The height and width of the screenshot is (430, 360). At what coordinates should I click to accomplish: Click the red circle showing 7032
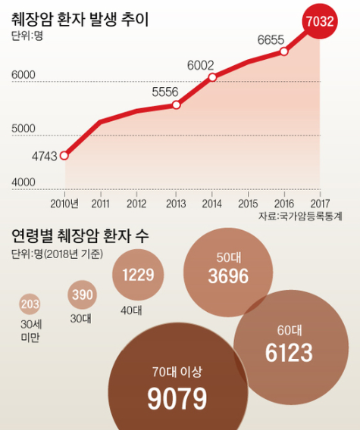pos(320,21)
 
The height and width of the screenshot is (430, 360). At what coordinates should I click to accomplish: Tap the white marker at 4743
pos(64,156)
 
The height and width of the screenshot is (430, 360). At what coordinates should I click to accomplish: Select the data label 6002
pos(200,65)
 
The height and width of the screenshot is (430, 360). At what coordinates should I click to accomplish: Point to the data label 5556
pos(165,92)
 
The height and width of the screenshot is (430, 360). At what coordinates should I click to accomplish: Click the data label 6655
pos(271,40)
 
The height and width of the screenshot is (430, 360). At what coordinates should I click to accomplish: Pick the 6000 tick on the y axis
pos(23,75)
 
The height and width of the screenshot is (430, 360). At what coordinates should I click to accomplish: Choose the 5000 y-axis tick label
pos(23,129)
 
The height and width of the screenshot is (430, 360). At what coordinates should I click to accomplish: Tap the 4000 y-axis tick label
pos(23,182)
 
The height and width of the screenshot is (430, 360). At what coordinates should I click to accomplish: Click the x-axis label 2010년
pos(64,204)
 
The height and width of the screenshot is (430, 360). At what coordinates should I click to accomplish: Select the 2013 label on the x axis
pos(176,204)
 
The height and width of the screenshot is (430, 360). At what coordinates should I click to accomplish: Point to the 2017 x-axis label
pos(320,204)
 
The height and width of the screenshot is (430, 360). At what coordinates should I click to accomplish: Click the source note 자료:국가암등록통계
pos(300,217)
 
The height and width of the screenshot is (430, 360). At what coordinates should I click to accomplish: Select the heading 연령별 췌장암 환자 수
pos(80,235)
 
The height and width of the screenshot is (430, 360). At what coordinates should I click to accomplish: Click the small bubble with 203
pos(30,304)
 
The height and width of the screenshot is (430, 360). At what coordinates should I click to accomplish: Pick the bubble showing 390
pos(82,294)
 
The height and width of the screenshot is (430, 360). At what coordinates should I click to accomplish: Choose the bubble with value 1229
pos(138,275)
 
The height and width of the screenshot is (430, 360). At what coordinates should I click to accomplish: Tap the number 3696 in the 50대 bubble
pos(228,276)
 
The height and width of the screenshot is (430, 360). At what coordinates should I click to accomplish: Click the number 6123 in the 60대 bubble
pos(289,353)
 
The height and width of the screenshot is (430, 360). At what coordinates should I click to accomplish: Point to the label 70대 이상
pos(177,372)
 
